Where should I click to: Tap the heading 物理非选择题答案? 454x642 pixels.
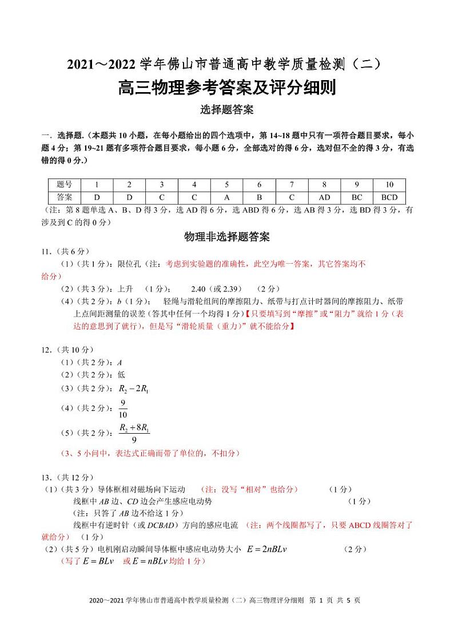pos(227,236)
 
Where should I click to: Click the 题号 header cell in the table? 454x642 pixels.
pos(65,185)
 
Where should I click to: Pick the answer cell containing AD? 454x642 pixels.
pos(324,197)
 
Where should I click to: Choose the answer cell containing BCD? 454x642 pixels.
pos(389,197)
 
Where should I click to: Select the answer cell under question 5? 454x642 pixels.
pos(226,197)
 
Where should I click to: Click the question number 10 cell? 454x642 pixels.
pos(389,185)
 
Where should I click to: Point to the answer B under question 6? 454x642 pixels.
pos(259,197)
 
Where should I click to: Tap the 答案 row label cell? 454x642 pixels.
pos(65,197)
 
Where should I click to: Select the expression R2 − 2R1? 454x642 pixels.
pos(133,390)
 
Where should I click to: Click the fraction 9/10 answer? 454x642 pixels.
pos(123,409)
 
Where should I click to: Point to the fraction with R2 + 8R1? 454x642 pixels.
pos(134,433)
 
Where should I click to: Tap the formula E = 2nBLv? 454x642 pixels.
pos(266,549)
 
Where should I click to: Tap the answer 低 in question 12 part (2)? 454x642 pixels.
pos(121,375)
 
